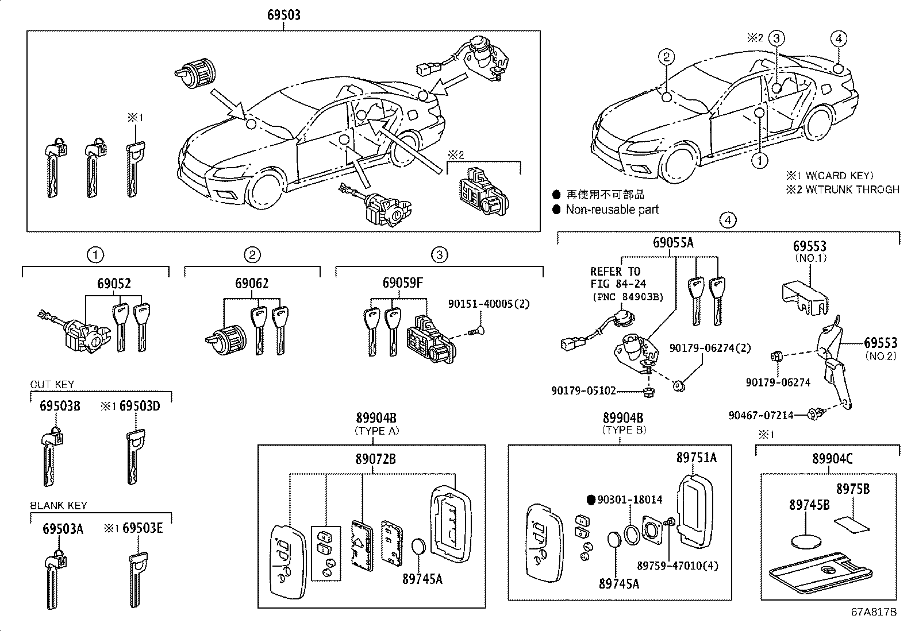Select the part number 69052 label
click(114, 284)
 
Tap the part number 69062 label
click(251, 284)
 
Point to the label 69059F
click(403, 284)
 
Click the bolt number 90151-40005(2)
click(489, 304)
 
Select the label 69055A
click(673, 243)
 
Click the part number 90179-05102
click(583, 391)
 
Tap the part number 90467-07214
click(761, 415)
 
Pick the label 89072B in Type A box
click(375, 459)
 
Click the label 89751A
click(696, 458)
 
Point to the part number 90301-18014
click(629, 500)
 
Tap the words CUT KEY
click(52, 385)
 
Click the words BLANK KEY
click(59, 506)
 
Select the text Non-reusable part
click(612, 210)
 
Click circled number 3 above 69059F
click(439, 254)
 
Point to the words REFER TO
click(615, 272)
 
